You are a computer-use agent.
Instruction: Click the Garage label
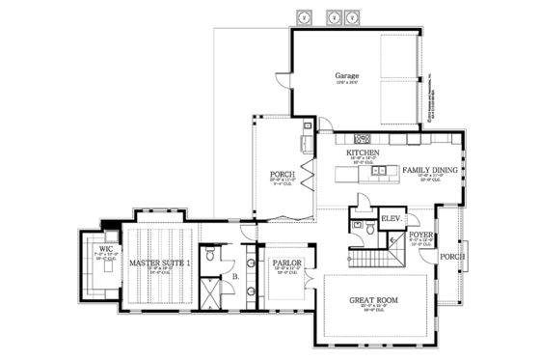(347, 75)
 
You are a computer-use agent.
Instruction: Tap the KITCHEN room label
(363, 152)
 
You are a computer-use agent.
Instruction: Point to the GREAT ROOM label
(372, 300)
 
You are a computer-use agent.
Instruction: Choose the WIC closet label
(105, 249)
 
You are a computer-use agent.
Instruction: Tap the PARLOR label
(286, 261)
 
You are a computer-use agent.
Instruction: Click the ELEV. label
(392, 219)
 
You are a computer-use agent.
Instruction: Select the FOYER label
(420, 234)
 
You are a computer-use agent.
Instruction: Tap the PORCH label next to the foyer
(453, 257)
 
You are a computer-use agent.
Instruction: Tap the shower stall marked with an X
(207, 291)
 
